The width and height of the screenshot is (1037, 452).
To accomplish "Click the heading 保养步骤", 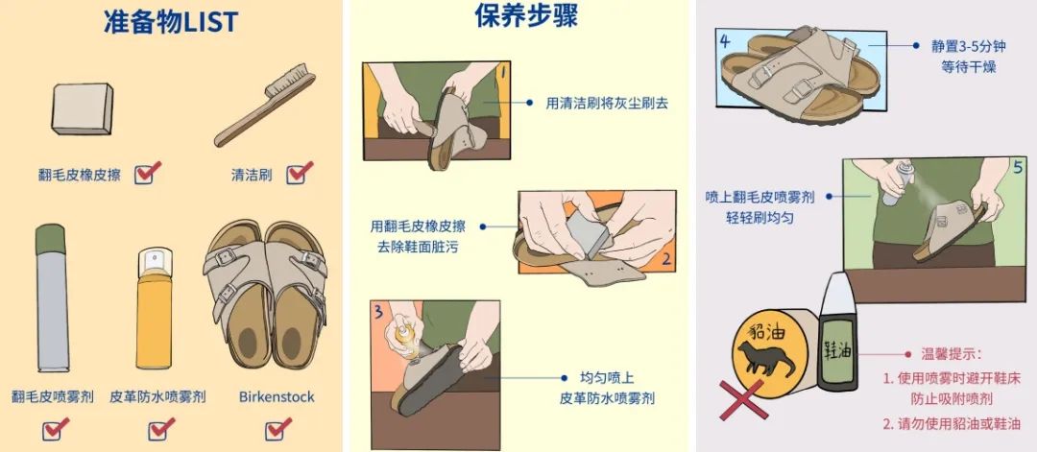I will pos(525,16).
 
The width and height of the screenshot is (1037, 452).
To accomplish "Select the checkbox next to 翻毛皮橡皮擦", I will pos(146,174).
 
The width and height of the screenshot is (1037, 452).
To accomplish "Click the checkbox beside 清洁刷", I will pos(300,174).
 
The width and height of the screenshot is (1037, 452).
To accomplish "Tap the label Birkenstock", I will pos(277,396).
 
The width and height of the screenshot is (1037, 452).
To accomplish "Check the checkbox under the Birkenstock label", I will pos(277,428).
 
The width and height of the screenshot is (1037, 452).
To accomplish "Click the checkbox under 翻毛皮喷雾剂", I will pos(56,428).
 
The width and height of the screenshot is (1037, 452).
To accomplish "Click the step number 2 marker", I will pos(665,259).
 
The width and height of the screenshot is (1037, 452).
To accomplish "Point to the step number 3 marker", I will pos(380,312).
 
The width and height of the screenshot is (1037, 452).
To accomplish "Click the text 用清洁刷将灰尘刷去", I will pos(607,102).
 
